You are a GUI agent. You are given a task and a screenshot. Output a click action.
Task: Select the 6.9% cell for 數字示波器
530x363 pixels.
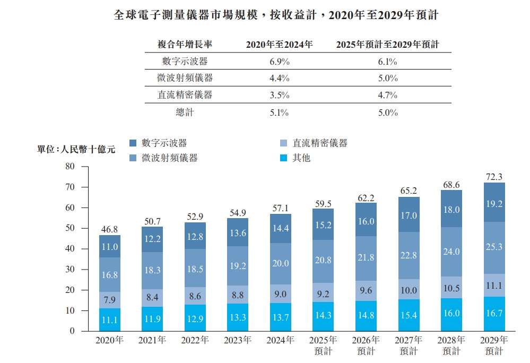[280, 61]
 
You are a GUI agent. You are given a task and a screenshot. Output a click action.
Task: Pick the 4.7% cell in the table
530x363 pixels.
[388, 95]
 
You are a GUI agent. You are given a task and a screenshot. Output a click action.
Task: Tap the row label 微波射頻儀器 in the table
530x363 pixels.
[185, 78]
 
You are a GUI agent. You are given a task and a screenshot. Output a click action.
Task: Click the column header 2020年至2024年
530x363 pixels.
[279, 45]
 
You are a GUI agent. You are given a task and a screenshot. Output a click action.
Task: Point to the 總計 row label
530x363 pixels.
[185, 112]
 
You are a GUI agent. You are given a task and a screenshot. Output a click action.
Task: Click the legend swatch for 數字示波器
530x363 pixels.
[134, 143]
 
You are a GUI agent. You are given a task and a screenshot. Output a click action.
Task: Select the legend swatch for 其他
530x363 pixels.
[284, 158]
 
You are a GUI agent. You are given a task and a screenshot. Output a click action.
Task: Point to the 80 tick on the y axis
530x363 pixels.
[69, 167]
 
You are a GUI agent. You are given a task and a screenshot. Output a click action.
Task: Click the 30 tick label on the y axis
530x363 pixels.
[69, 270]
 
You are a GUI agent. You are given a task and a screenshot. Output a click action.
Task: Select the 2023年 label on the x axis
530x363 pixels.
[237, 340]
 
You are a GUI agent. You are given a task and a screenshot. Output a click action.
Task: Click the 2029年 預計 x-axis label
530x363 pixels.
[493, 345]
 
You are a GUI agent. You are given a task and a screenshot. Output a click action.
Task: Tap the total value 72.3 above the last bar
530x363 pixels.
[494, 177]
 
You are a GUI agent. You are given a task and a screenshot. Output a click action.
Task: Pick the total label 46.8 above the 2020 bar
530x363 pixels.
[109, 229]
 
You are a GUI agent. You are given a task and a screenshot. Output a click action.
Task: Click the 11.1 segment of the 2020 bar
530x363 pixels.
[109, 319]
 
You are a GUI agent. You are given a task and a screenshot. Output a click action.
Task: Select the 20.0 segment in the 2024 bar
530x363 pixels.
[280, 263]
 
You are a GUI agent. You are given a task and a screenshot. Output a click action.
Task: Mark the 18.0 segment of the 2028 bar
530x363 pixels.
[451, 209]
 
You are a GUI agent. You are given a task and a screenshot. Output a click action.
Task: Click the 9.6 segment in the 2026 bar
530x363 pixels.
[366, 290]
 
